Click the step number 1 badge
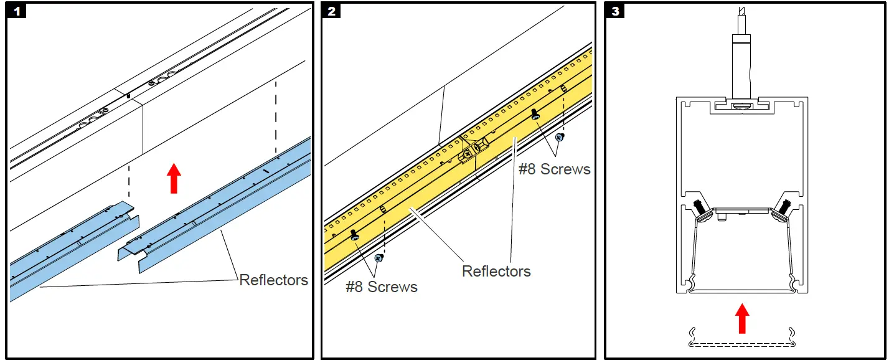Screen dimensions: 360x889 click(x=17, y=11)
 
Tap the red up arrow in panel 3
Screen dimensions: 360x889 click(x=741, y=318)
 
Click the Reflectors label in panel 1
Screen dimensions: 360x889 click(x=273, y=280)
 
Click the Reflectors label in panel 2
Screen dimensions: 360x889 click(x=496, y=271)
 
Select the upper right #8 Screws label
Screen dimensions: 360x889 click(x=554, y=169)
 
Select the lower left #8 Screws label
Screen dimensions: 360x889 click(x=382, y=287)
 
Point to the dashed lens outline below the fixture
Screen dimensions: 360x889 click(x=741, y=343)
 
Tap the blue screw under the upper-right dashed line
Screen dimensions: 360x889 click(x=560, y=137)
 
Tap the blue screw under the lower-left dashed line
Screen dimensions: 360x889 click(x=379, y=257)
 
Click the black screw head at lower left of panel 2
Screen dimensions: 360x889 click(x=355, y=235)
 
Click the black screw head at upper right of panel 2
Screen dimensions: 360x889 click(x=535, y=115)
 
